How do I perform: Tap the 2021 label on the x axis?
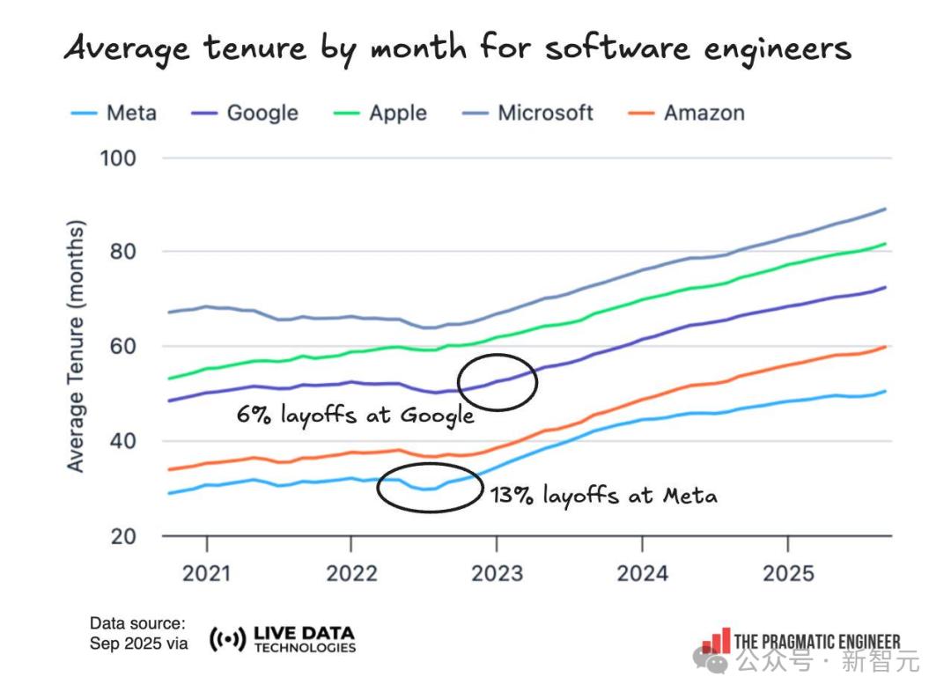207,574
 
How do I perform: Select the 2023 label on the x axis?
497,574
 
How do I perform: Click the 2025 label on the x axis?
787,574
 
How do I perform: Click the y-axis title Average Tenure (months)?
77,346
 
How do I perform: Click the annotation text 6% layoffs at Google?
355,416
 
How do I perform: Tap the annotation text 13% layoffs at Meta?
603,496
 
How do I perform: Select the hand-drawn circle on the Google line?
498,382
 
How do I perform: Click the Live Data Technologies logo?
283,640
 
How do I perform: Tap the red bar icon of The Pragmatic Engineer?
716,641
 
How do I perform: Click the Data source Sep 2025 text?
138,634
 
